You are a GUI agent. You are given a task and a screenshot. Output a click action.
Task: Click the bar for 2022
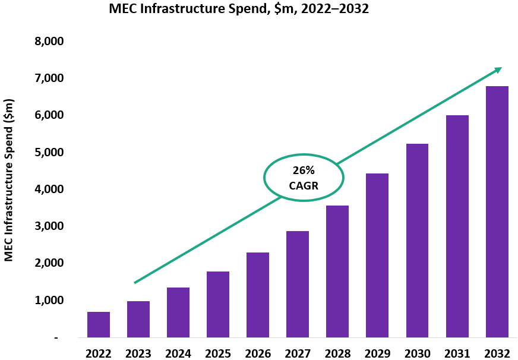point(99,324)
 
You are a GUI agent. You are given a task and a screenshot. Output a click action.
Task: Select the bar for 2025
point(218,304)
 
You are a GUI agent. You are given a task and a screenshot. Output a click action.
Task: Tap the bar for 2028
point(337,271)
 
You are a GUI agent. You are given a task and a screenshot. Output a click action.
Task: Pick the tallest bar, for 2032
point(497,211)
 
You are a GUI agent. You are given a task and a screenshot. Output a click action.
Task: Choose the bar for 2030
point(417,241)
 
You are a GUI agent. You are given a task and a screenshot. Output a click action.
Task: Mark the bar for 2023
point(138,319)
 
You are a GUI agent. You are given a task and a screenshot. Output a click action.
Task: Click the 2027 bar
point(298,284)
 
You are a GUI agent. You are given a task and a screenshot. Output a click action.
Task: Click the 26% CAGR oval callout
point(304,177)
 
